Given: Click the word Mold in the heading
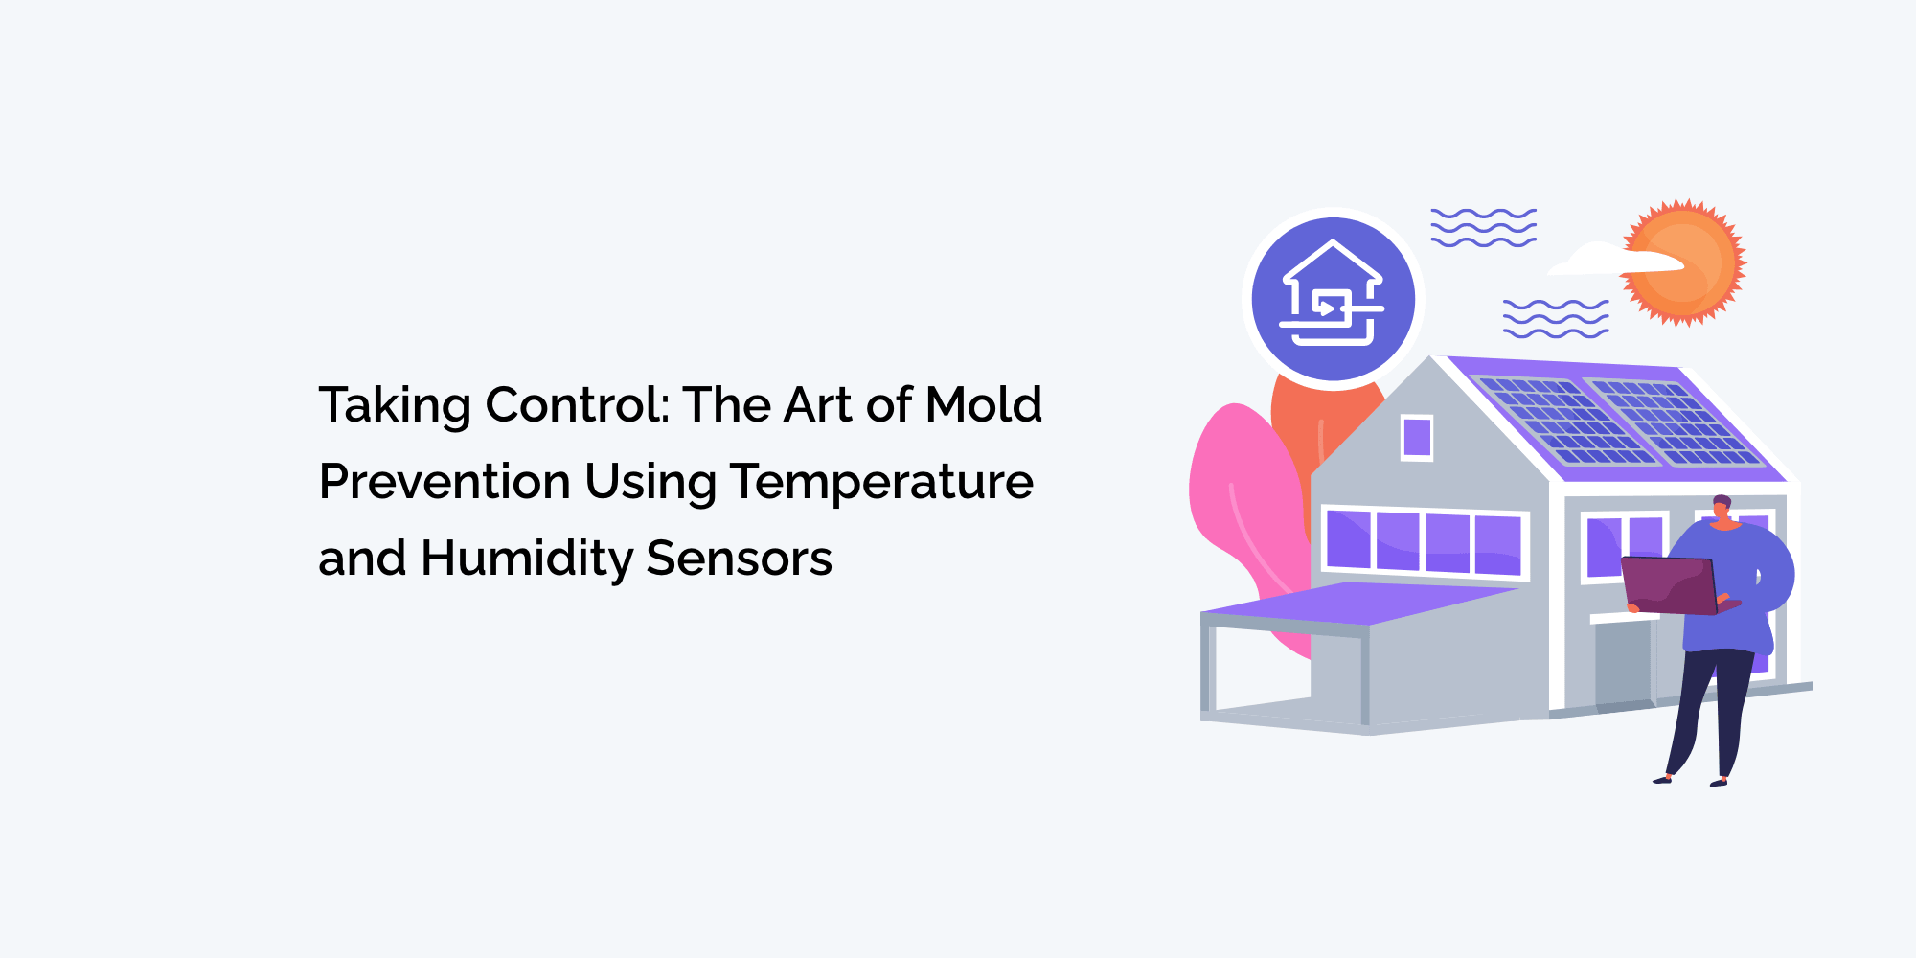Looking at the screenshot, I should pyautogui.click(x=984, y=404).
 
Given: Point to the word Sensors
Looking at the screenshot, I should pyautogui.click(x=739, y=558).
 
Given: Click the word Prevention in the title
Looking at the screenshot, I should pyautogui.click(x=445, y=481).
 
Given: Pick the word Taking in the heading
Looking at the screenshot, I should pyautogui.click(x=394, y=405).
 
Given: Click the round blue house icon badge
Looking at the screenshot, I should pyautogui.click(x=1333, y=299).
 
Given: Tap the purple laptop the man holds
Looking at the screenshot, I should pyautogui.click(x=1669, y=584).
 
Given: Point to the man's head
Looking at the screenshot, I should pyautogui.click(x=1722, y=508).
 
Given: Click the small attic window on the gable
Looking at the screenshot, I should pyautogui.click(x=1417, y=438).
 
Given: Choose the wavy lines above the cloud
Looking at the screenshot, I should pyautogui.click(x=1483, y=227).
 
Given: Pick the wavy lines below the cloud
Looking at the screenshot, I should pyautogui.click(x=1555, y=318).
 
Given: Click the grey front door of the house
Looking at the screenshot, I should pyautogui.click(x=1624, y=664).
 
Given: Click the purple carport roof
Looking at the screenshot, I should pyautogui.click(x=1360, y=604).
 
